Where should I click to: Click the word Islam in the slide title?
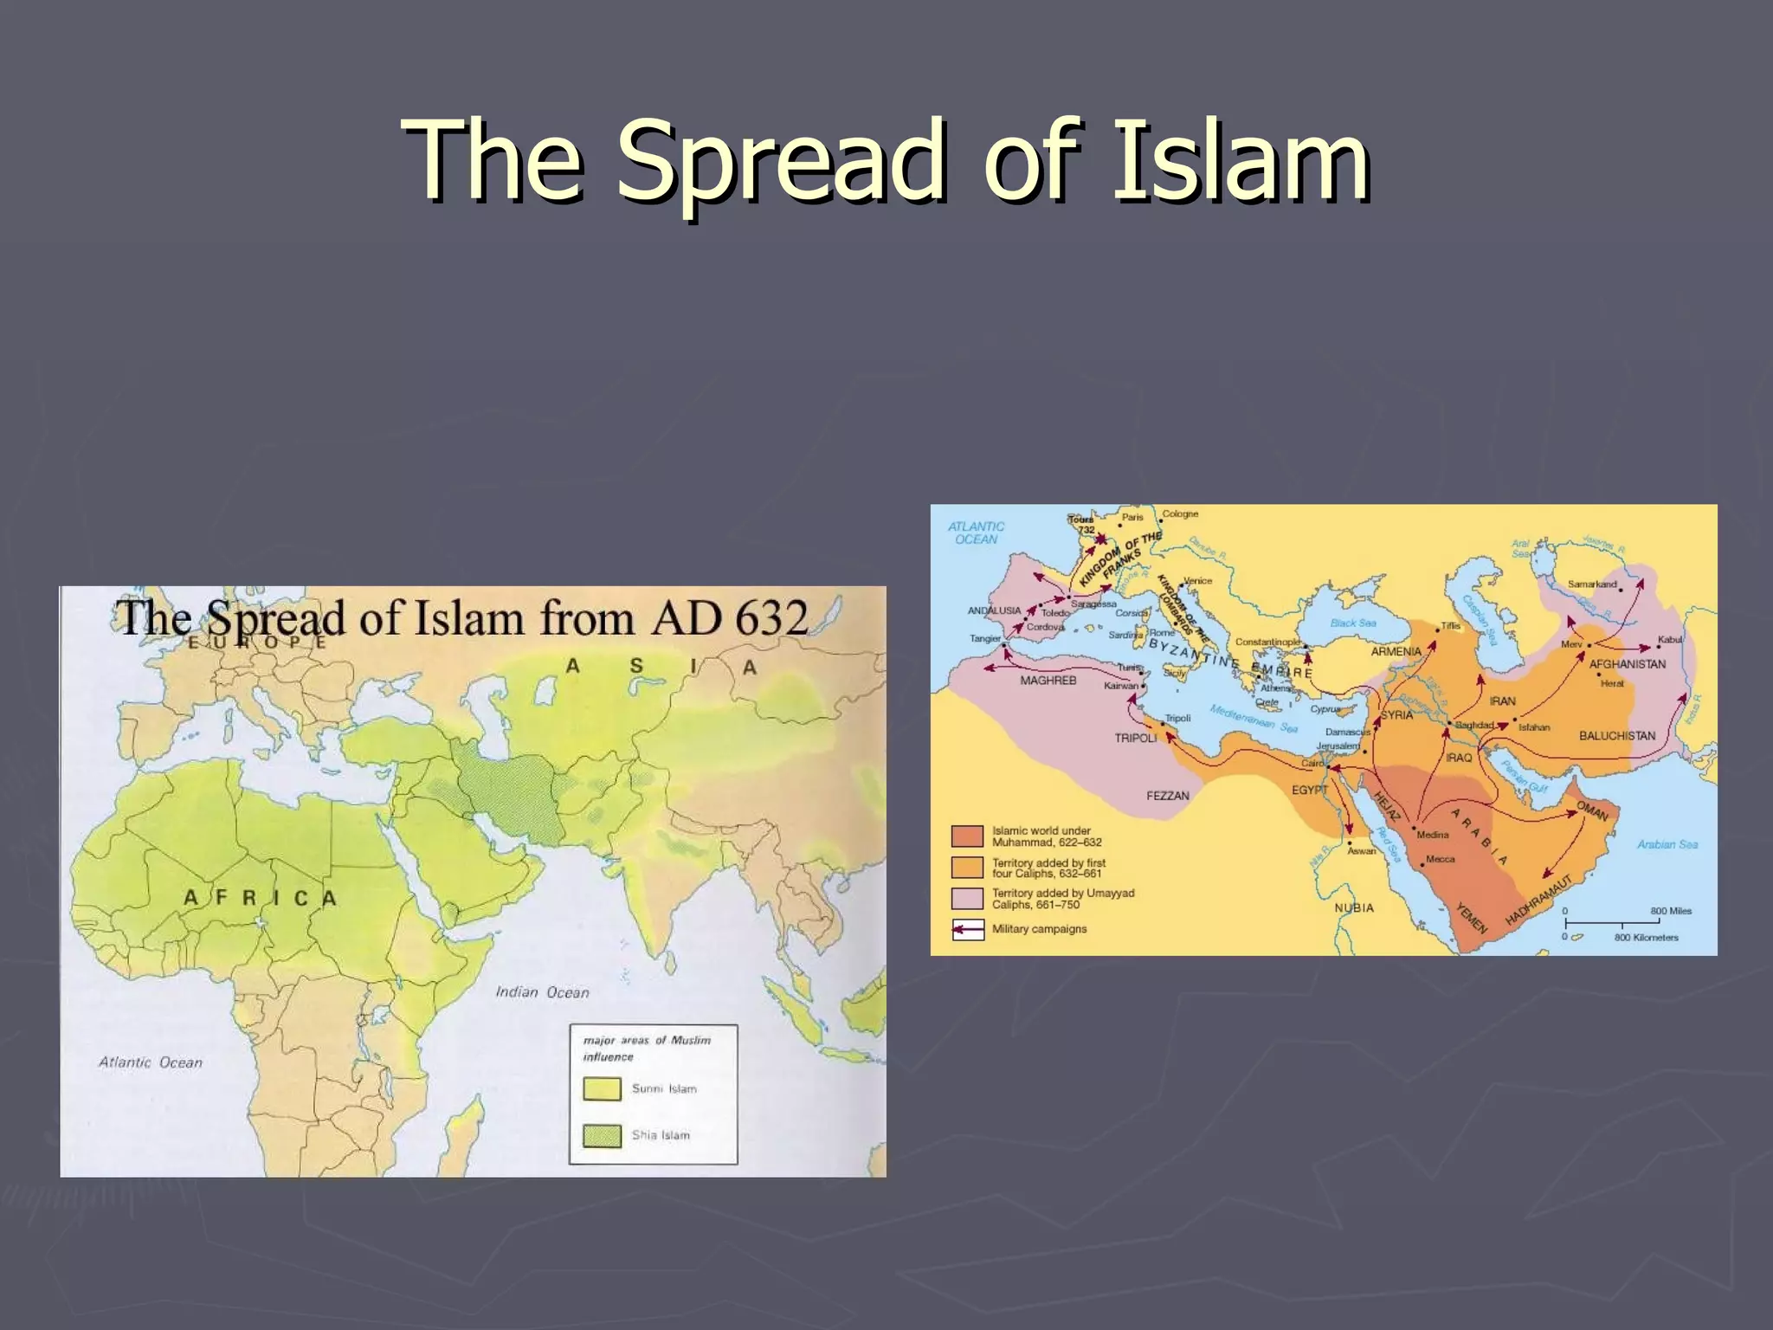click(1240, 161)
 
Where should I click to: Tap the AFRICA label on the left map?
click(260, 898)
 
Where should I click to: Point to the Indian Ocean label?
click(543, 992)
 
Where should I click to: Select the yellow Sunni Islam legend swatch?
click(602, 1088)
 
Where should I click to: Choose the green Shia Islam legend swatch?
click(602, 1135)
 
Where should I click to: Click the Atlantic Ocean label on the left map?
click(151, 1062)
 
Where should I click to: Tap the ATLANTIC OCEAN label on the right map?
click(976, 533)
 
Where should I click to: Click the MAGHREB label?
click(1048, 681)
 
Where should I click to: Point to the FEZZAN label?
click(1168, 796)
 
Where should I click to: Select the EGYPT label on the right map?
click(1309, 790)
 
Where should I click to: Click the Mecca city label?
click(1440, 860)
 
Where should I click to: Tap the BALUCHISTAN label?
click(1616, 736)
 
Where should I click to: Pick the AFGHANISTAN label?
click(1627, 664)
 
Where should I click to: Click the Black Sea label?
click(1353, 623)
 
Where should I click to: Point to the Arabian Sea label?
click(1667, 844)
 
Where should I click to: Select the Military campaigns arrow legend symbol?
click(968, 929)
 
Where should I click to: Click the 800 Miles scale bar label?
click(1670, 911)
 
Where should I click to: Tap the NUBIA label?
click(1354, 907)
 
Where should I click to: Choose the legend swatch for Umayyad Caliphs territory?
click(968, 898)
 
